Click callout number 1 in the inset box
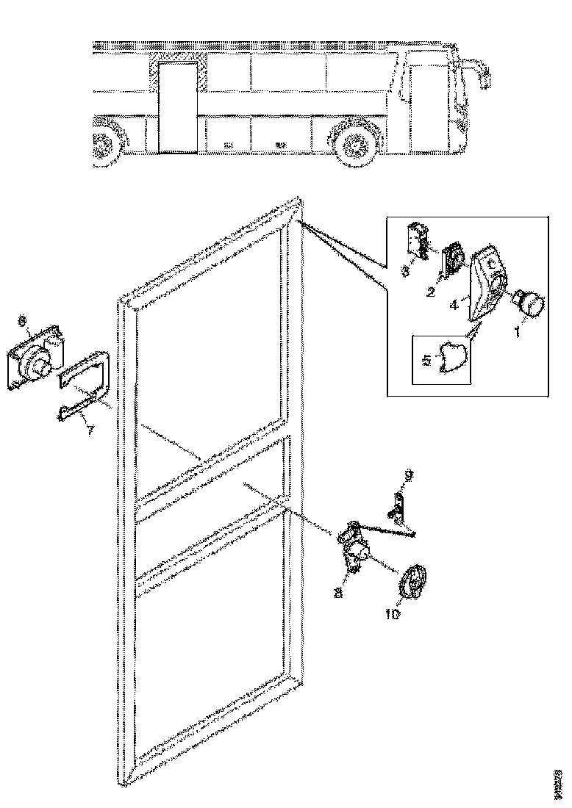[x=516, y=331]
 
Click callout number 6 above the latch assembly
[x=22, y=321]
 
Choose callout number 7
[x=88, y=430]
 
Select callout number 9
[x=409, y=476]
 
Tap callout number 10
[x=393, y=614]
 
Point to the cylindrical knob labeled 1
[x=530, y=303]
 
